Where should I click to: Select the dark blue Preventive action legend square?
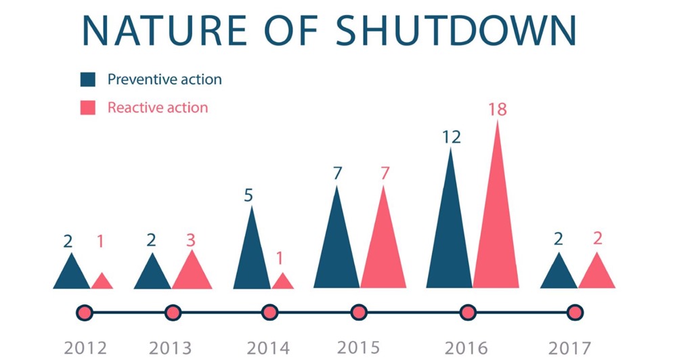[87, 79]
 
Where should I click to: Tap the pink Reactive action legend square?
[87, 107]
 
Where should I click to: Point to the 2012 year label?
[85, 348]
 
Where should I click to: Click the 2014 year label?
[268, 348]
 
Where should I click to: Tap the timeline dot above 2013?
[173, 313]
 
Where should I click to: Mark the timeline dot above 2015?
[359, 313]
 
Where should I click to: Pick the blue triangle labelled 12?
[449, 237]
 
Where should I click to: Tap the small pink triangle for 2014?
[283, 282]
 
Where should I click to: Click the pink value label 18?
[497, 108]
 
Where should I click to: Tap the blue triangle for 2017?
[559, 275]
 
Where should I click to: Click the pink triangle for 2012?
[102, 282]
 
